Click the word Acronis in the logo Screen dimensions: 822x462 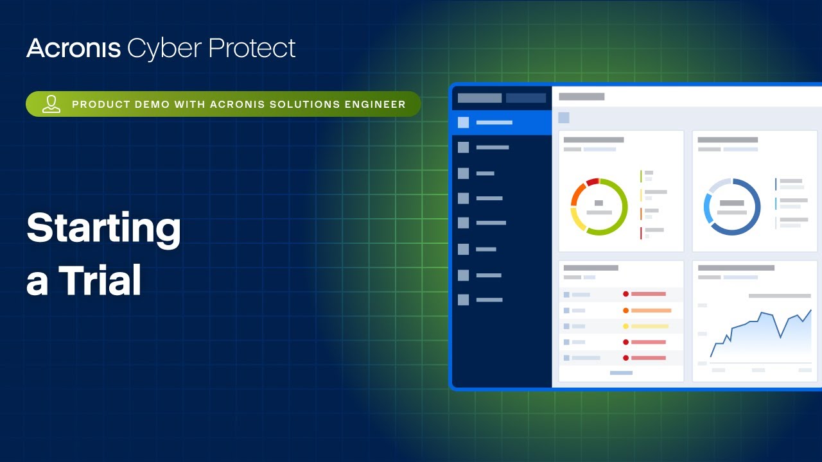pos(74,48)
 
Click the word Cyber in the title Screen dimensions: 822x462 pos(164,49)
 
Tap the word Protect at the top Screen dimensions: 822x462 pos(252,48)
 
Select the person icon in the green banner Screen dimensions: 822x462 pos(51,104)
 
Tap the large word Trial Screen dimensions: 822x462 pos(100,280)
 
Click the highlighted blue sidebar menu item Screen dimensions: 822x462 pos(502,123)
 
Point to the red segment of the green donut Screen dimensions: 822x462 pos(592,182)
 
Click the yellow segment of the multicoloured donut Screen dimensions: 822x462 pos(577,222)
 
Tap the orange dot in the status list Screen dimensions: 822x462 pos(625,311)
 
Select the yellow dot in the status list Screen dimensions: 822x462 pos(625,327)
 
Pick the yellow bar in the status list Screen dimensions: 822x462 pos(650,327)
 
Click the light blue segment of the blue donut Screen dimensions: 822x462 pos(707,209)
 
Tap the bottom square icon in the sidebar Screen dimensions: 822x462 pos(463,300)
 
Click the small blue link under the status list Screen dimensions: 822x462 pos(621,373)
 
